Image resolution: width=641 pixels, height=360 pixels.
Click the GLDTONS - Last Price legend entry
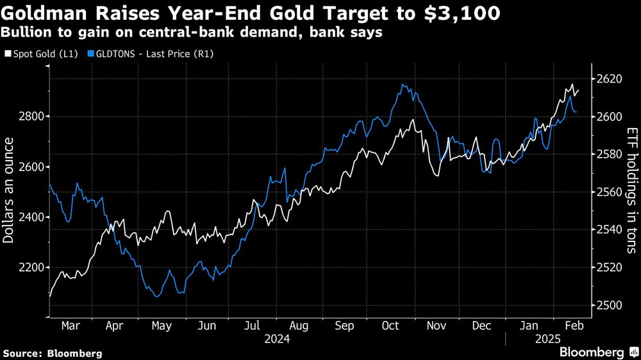click(x=154, y=54)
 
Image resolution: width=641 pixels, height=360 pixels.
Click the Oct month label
click(x=390, y=325)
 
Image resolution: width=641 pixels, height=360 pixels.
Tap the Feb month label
click(x=574, y=325)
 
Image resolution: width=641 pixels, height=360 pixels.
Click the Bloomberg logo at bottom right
click(x=592, y=352)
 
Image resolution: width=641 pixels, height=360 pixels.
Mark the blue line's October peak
click(x=403, y=85)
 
